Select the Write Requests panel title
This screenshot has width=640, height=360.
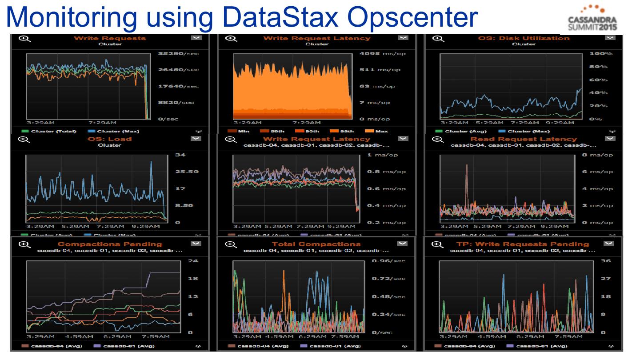[109, 38]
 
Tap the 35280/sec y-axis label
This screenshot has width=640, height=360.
[178, 54]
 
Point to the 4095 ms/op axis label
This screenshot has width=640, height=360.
[380, 54]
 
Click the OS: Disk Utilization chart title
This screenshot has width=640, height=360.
[523, 38]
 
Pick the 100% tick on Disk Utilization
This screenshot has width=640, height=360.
[601, 54]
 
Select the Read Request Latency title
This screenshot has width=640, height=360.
[523, 139]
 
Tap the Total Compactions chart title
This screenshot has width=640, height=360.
[316, 244]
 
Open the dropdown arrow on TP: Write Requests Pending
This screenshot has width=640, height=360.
[608, 244]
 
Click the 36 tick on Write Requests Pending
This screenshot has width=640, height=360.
[606, 261]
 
